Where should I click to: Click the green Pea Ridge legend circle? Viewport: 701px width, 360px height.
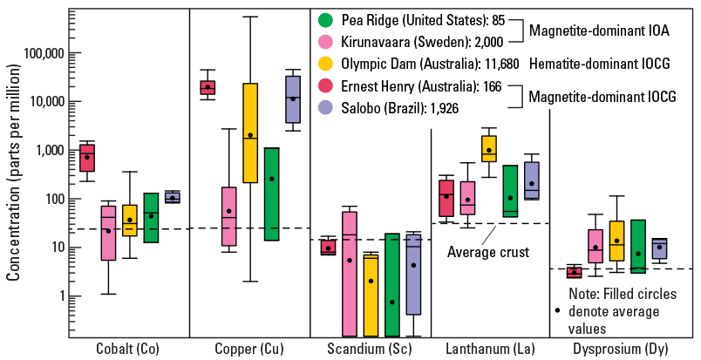tap(326, 18)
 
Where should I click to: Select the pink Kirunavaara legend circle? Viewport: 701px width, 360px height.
tap(326, 41)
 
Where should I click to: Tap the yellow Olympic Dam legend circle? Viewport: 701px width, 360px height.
tap(326, 64)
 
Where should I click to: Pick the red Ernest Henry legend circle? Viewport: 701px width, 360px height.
tap(326, 86)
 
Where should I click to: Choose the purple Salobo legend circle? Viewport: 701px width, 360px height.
tap(326, 108)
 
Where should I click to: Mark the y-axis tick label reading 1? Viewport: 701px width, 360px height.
tap(60, 296)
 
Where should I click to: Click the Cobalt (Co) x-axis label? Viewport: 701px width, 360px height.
tap(129, 349)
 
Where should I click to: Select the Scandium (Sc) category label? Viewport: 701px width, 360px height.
tap(371, 349)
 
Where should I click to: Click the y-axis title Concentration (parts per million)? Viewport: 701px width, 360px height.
tap(13, 179)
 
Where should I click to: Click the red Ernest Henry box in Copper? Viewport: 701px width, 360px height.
tap(208, 87)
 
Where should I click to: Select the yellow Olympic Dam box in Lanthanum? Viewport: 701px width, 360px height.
tap(489, 150)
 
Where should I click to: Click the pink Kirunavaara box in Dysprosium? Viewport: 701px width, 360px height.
tap(596, 246)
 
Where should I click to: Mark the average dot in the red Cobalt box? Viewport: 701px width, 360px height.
tap(87, 157)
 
